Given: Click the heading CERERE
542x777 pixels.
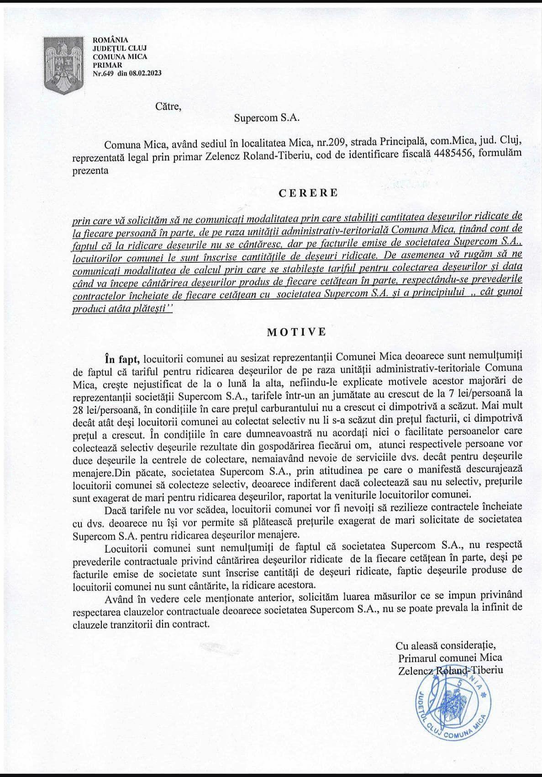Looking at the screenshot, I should pyautogui.click(x=309, y=192).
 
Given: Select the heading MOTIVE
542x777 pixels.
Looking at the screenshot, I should pyautogui.click(x=297, y=331).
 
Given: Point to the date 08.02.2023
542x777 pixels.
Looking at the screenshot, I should pyautogui.click(x=145, y=73).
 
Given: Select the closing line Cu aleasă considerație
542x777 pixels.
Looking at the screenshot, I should pyautogui.click(x=446, y=645).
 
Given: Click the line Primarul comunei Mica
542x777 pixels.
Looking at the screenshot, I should pyautogui.click(x=450, y=658).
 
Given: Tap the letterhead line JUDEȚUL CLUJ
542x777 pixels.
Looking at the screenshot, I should pyautogui.click(x=120, y=48).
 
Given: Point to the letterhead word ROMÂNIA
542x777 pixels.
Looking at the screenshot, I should pyautogui.click(x=111, y=40).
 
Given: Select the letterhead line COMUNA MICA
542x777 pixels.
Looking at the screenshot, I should pyautogui.click(x=120, y=57).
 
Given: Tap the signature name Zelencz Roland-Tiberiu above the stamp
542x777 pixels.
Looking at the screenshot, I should pyautogui.click(x=450, y=670).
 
